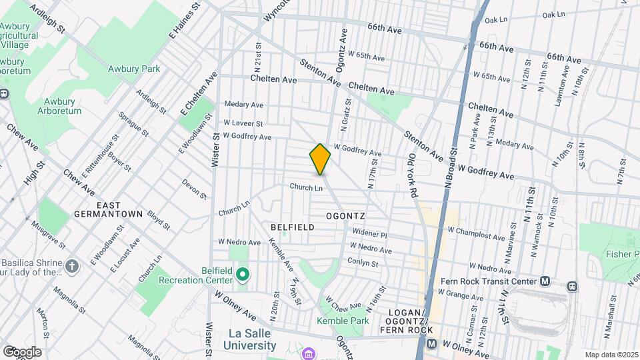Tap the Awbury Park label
coord(134,69)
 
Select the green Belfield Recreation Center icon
coord(243,275)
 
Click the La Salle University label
coord(243,339)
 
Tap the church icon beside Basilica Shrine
coord(73,266)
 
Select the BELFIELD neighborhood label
coord(292,227)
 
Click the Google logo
coord(21,351)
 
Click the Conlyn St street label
coord(363,263)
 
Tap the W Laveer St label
coord(243,123)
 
